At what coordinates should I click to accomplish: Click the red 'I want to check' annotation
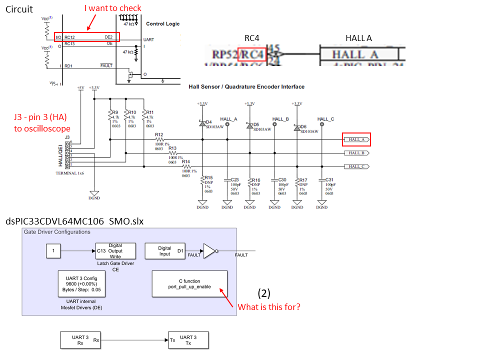pyautogui.click(x=112, y=8)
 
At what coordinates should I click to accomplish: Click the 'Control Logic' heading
pyautogui.click(x=162, y=24)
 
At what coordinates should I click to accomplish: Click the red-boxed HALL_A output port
pyautogui.click(x=356, y=139)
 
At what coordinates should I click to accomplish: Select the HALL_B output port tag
pyautogui.click(x=356, y=153)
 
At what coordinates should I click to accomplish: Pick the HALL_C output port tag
pyautogui.click(x=356, y=166)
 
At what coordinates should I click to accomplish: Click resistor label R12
pyautogui.click(x=159, y=135)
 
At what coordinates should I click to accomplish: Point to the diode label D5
pyautogui.click(x=255, y=124)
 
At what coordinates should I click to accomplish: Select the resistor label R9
pyautogui.click(x=114, y=112)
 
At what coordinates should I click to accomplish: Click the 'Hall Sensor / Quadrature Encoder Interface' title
pyautogui.click(x=246, y=87)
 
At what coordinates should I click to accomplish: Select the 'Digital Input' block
pyautogui.click(x=164, y=251)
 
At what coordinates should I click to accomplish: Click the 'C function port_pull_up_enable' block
pyautogui.click(x=189, y=284)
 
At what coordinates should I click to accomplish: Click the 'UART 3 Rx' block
pyautogui.click(x=80, y=340)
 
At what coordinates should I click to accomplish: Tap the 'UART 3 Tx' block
pyautogui.click(x=188, y=340)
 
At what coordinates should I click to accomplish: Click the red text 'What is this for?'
pyautogui.click(x=269, y=307)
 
